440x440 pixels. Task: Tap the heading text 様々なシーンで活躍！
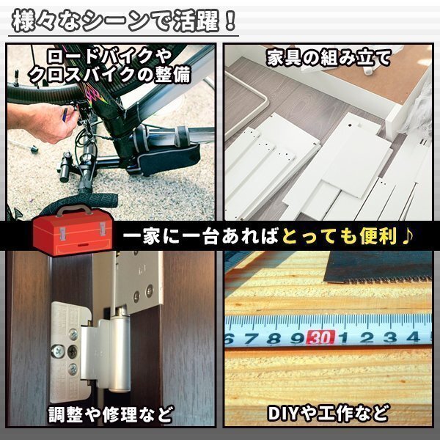coord(124,20)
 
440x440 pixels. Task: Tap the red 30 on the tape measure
coord(318,338)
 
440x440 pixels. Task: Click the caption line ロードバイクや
coord(110,55)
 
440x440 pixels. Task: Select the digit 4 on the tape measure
coord(413,337)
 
